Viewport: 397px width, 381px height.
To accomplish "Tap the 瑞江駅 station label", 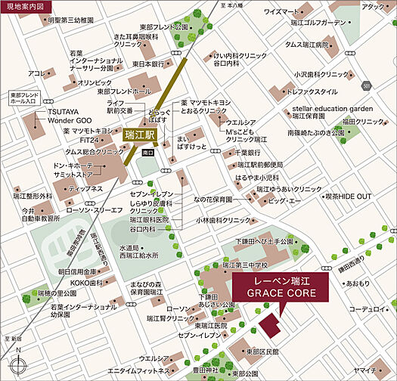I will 138,134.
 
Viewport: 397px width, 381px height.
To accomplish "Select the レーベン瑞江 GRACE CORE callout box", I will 280,287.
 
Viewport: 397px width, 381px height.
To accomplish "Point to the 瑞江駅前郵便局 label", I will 261,165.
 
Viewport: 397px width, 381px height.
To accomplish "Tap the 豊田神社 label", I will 206,370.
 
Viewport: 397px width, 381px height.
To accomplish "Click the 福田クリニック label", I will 359,122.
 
